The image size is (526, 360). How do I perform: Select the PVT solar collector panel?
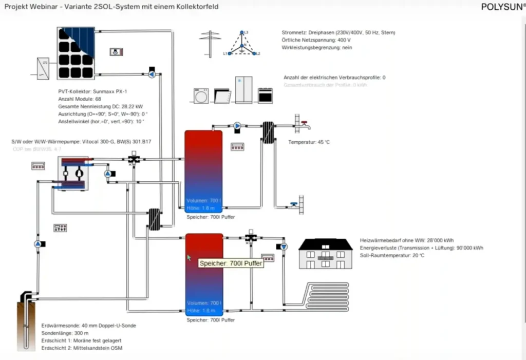[x=76, y=53]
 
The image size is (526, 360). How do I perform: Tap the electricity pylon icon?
[x=210, y=43]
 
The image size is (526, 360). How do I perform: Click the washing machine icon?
[x=201, y=96]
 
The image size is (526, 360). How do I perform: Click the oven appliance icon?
[x=265, y=96]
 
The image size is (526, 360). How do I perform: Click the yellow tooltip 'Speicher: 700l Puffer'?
[x=231, y=263]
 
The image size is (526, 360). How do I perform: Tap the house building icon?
[x=326, y=254]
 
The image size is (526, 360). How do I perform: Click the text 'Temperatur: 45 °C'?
[x=309, y=142]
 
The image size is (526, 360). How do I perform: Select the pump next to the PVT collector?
[x=152, y=74]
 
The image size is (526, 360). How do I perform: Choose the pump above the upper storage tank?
[x=237, y=125]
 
